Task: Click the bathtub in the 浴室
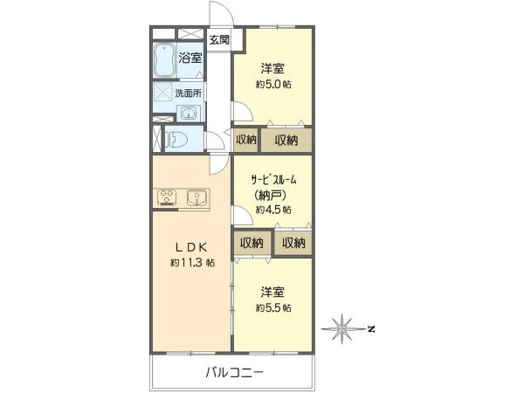[165, 61]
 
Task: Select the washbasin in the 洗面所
[189, 113]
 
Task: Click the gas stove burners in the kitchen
[167, 197]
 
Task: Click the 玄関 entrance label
[219, 40]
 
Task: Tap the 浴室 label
[190, 58]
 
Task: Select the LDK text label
[192, 247]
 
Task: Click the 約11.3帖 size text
[192, 263]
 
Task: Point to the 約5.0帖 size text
[273, 84]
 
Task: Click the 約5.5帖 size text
[273, 307]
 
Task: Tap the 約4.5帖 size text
[273, 210]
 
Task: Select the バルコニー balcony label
[235, 372]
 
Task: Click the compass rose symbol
[341, 329]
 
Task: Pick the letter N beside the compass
[370, 329]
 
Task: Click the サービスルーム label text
[273, 180]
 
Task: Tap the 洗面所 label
[188, 93]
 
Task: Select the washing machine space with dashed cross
[162, 91]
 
